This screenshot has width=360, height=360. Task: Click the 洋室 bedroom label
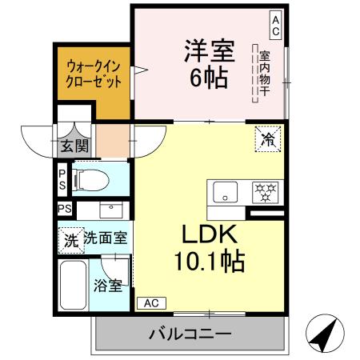pos(209,52)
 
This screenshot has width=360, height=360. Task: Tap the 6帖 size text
pos(209,78)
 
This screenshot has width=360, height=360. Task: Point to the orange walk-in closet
pos(94,74)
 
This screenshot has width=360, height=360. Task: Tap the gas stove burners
pos(265,192)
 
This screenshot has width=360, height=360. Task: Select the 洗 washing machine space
pos(70,238)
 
